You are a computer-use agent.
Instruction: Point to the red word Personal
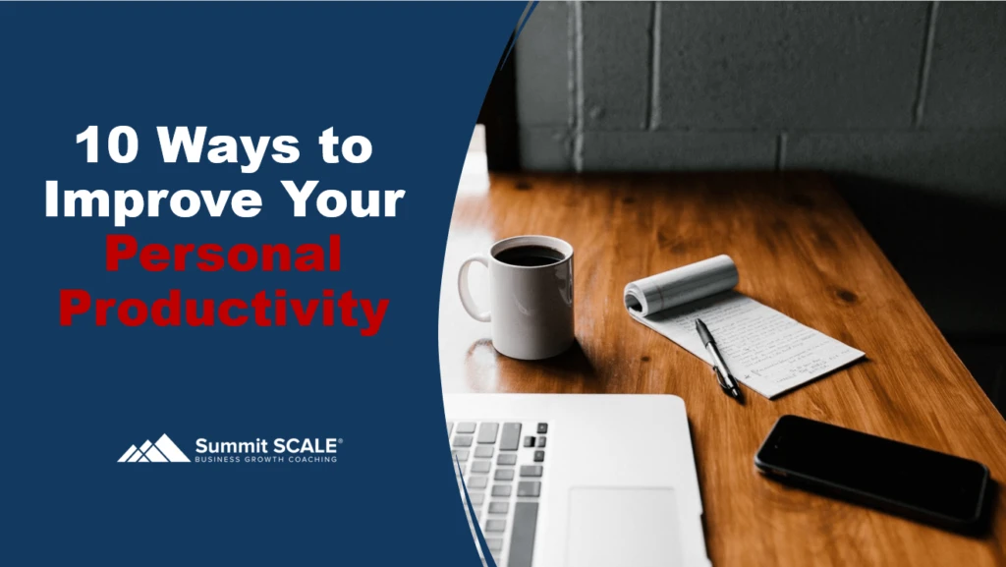tap(224, 255)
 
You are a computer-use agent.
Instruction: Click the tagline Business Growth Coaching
tap(265, 459)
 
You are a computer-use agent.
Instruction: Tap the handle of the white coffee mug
tap(473, 288)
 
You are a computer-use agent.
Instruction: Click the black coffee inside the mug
tap(529, 255)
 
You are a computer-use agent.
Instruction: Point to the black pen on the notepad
tap(717, 357)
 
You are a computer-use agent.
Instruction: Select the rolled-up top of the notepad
tap(681, 284)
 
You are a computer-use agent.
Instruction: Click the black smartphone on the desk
tap(870, 467)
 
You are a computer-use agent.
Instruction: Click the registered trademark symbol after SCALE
tap(340, 439)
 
